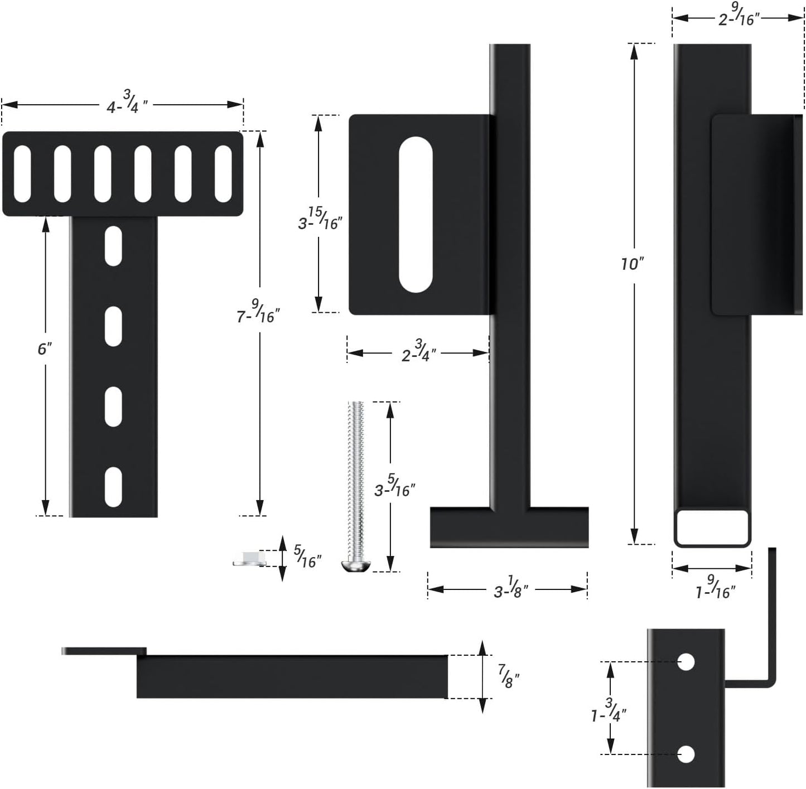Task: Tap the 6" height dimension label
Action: coord(45,349)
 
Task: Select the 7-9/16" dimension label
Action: coord(258,312)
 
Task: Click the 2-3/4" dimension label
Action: coord(418,353)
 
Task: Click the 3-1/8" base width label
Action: coord(510,589)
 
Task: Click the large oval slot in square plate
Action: coord(416,214)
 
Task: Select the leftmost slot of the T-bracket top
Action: coord(22,174)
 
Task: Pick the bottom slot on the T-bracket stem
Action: coord(113,487)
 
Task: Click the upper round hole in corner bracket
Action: coord(686,662)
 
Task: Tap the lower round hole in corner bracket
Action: coord(686,754)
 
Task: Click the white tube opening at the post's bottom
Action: coord(712,526)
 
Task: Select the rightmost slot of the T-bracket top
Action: coord(223,174)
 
